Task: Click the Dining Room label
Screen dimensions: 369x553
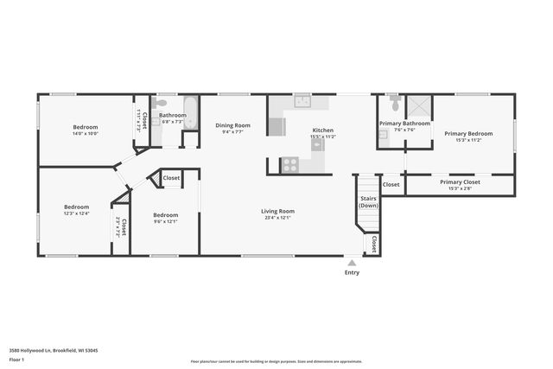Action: (x=232, y=125)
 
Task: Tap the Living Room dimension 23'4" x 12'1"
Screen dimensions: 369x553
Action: (x=278, y=217)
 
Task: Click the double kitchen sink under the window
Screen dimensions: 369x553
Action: (x=302, y=101)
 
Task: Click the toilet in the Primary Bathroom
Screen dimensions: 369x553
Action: (x=395, y=104)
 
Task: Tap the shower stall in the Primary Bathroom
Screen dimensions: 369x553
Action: (x=419, y=106)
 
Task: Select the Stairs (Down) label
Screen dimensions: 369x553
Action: (x=368, y=202)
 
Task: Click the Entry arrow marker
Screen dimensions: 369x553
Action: (x=352, y=263)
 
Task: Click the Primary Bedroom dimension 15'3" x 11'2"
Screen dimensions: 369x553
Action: (x=468, y=140)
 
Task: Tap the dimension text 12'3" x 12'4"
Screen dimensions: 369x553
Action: (x=76, y=213)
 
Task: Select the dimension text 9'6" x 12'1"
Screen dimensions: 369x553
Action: (x=165, y=221)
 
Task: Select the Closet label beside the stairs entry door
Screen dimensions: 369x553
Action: (x=374, y=245)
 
